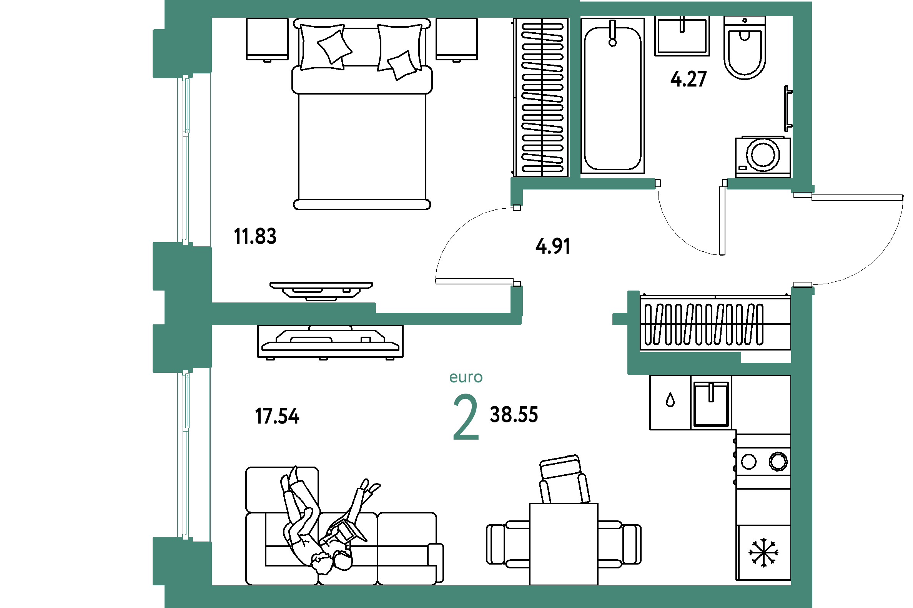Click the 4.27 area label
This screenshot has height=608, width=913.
pos(689,79)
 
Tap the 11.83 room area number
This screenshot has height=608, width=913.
pos(255,236)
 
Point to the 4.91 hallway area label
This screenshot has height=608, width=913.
pos(553,246)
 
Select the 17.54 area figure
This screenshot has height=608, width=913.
pos(277,416)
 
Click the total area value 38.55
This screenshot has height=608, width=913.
pos(514,415)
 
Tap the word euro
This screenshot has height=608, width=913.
pos(466,377)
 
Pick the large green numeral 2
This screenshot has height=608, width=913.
pos(466,417)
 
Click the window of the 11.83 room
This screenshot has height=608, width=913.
pos(186,160)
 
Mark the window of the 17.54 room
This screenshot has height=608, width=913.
pos(186,454)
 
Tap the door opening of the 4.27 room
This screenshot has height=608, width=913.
pos(691,184)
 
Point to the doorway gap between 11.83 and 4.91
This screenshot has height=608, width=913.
pos(517,246)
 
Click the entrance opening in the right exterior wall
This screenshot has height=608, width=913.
pos(802,240)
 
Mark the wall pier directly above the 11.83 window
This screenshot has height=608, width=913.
pos(182,53)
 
